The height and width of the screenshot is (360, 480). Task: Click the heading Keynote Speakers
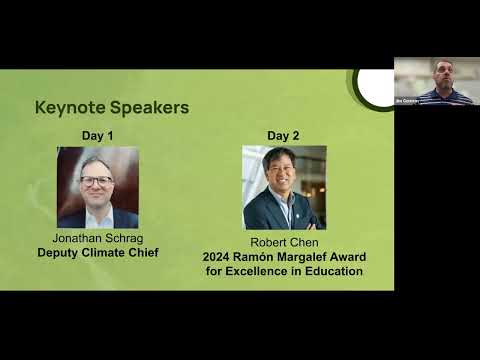(112, 107)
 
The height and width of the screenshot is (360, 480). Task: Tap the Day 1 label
(97, 135)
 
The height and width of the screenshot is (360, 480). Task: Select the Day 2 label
(283, 135)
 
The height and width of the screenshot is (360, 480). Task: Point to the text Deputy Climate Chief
(98, 253)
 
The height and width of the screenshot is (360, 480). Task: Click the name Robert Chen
(283, 241)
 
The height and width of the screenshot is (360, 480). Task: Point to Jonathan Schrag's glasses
(96, 181)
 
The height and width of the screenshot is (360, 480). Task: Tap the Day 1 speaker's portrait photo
(98, 188)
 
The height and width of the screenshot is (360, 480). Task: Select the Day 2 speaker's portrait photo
(284, 188)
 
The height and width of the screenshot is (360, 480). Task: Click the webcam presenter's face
(443, 72)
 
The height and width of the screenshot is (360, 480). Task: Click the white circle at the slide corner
(375, 86)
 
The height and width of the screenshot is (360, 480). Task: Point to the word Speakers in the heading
(153, 107)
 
